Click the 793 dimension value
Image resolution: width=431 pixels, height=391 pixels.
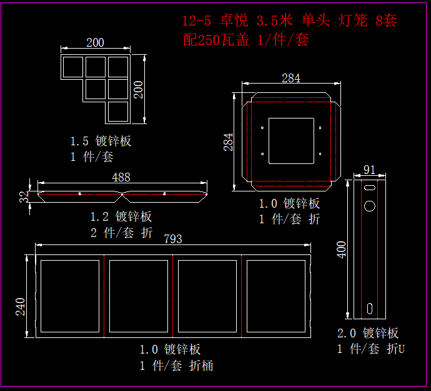(173, 239)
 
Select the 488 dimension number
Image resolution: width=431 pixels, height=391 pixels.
(121, 177)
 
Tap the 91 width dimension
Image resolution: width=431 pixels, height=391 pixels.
(369, 170)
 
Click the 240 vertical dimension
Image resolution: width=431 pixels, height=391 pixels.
(20, 307)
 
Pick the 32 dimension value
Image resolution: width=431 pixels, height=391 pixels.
(24, 196)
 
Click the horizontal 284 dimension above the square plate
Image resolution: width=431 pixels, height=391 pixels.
(290, 78)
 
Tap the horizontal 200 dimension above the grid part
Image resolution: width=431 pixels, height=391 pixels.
(95, 43)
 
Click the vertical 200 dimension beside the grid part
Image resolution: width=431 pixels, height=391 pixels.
(138, 90)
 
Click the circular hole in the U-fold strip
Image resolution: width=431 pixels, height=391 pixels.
(370, 205)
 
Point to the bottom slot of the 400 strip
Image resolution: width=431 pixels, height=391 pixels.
(370, 308)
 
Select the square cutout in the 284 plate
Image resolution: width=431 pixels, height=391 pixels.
(290, 141)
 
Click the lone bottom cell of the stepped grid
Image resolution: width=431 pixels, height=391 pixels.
(117, 112)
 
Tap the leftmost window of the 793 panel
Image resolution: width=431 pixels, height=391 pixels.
(69, 296)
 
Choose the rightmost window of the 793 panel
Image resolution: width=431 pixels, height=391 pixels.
(275, 296)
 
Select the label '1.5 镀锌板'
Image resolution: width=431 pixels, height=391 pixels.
(101, 141)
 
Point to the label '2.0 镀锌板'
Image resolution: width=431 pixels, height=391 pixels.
(368, 334)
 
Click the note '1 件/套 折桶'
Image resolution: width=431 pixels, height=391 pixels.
(176, 365)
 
